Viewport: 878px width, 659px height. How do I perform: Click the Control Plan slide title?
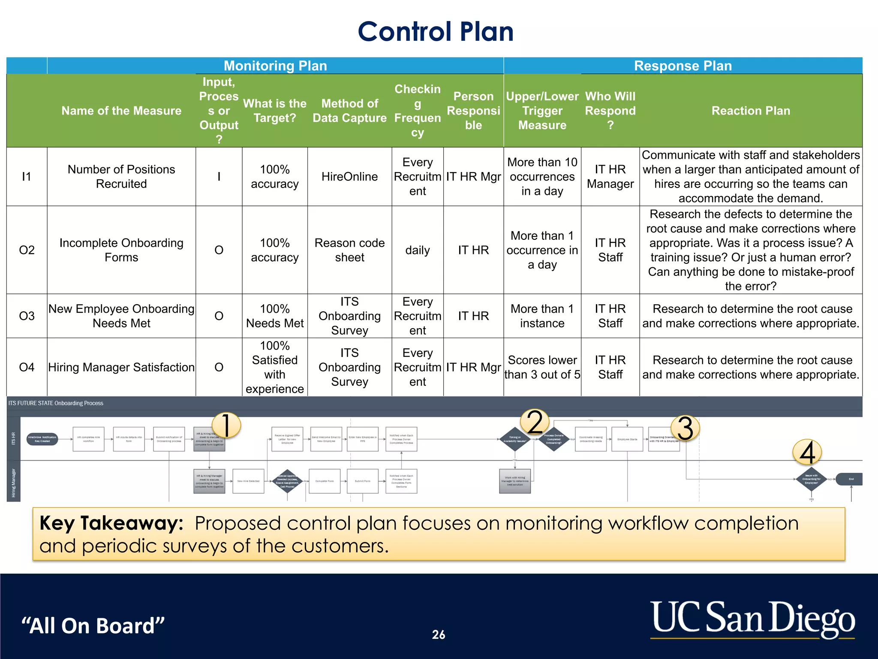click(x=435, y=32)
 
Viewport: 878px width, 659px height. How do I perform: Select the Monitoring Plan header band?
click(x=275, y=66)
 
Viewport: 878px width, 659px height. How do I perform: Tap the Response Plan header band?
click(x=683, y=66)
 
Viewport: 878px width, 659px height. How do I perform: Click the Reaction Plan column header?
click(x=750, y=111)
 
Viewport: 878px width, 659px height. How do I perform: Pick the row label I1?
click(x=27, y=176)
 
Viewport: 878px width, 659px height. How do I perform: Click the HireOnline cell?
click(x=349, y=176)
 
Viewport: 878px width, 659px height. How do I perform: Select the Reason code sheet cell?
click(x=349, y=250)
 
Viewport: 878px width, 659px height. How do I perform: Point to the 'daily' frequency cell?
click(x=417, y=250)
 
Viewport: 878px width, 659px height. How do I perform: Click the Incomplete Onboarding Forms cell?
click(x=121, y=250)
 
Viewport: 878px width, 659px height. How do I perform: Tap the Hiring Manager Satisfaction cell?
click(x=121, y=367)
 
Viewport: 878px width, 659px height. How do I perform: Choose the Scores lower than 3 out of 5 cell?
click(x=542, y=367)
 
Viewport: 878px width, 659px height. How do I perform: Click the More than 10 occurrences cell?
click(x=542, y=176)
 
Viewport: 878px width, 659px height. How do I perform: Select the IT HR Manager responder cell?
click(x=610, y=176)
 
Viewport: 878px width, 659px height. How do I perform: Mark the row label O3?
click(x=27, y=316)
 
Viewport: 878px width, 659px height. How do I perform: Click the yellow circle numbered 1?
click(x=226, y=425)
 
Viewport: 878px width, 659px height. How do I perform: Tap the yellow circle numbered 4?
click(x=807, y=452)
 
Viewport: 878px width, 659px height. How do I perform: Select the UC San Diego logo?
click(x=752, y=618)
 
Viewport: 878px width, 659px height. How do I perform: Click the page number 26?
click(x=438, y=635)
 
